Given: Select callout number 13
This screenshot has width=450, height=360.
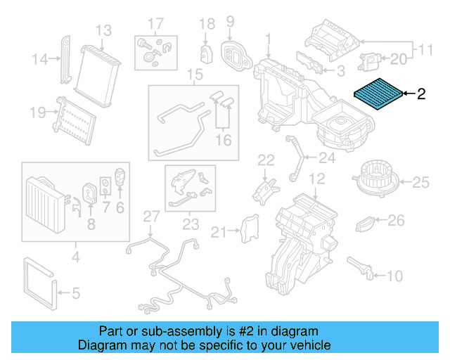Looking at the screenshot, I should pyautogui.click(x=103, y=30).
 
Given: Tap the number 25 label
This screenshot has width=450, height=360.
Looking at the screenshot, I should pyautogui.click(x=420, y=184).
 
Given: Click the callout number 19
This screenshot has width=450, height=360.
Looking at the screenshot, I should pyautogui.click(x=38, y=111).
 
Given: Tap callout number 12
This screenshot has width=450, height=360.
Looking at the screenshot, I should pyautogui.click(x=317, y=179).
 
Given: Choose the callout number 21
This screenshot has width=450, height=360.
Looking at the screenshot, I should pyautogui.click(x=220, y=231).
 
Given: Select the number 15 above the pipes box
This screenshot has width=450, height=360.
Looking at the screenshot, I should pyautogui.click(x=194, y=75).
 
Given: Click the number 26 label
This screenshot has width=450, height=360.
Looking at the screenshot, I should pyautogui.click(x=397, y=221).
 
